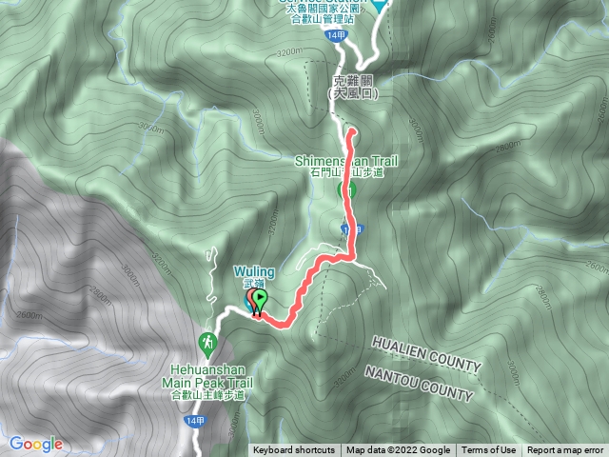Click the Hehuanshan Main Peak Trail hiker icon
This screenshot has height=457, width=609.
tap(206, 341)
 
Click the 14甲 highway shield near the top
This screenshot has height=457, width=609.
tap(334, 35)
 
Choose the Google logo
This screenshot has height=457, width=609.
tap(35, 444)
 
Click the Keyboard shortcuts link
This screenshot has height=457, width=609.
tap(294, 450)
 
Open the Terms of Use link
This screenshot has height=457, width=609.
tap(489, 450)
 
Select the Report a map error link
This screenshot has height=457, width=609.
tap(565, 450)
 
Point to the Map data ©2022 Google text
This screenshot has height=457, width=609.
tap(398, 450)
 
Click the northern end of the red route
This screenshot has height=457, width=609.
tap(350, 131)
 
